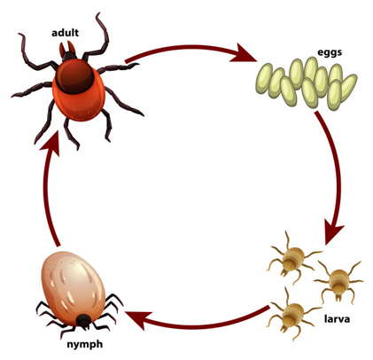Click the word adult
tap(65, 32)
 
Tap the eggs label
tap(330, 52)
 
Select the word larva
tap(337, 319)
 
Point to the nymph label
tap(85, 344)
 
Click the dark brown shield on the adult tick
tap(75, 75)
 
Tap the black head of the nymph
tap(83, 321)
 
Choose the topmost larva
tap(292, 259)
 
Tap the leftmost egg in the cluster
tap(264, 79)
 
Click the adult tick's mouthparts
tap(67, 50)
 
